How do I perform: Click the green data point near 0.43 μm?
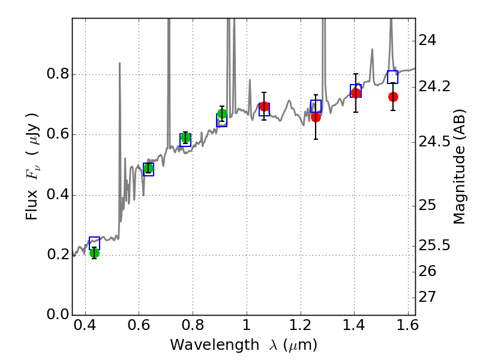click(94, 253)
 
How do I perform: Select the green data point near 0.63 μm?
click(148, 168)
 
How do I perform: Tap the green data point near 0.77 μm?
click(185, 138)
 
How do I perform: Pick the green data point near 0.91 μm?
click(222, 114)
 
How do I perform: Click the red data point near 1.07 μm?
click(264, 107)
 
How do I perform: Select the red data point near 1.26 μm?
click(316, 117)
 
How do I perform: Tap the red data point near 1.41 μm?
click(356, 93)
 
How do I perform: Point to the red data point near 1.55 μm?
click(393, 97)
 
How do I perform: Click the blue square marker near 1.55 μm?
click(393, 77)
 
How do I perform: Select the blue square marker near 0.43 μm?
click(94, 243)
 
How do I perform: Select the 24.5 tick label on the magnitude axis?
click(433, 143)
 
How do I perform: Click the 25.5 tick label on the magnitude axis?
click(433, 245)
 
